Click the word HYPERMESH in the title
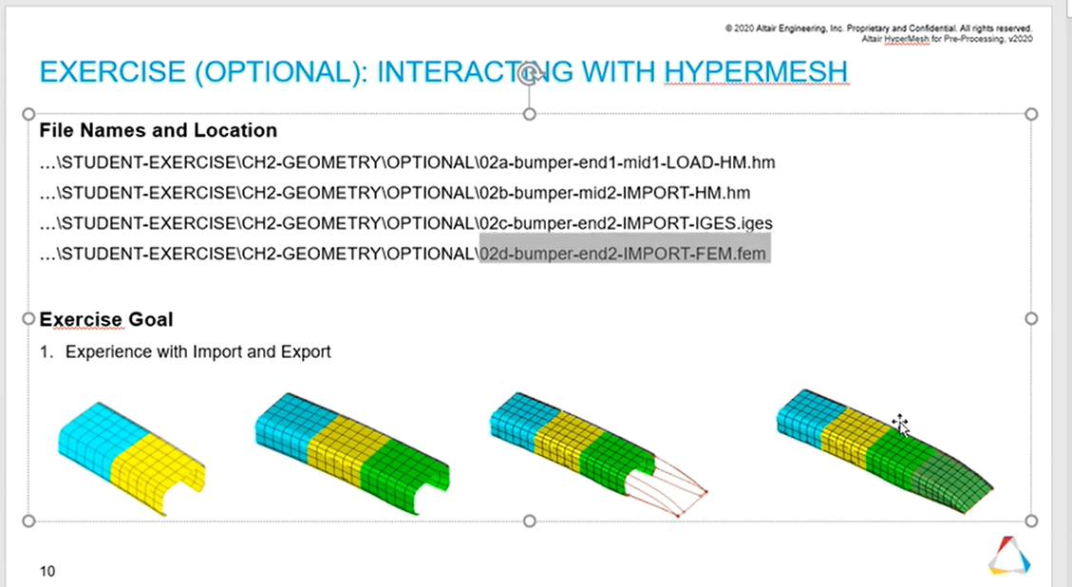coord(756,72)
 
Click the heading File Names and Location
coord(158,130)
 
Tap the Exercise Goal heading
coord(106,319)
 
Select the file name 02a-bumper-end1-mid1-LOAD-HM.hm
coord(627,162)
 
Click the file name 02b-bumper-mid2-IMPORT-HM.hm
coord(614,193)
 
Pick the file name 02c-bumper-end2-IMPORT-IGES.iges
coord(627,223)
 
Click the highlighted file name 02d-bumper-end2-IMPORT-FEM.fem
coord(623,254)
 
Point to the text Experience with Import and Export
coord(198,351)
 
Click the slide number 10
coord(47,571)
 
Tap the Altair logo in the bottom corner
coord(1009,555)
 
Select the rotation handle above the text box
coord(529,73)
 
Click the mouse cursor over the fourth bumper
coord(900,425)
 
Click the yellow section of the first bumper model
coord(158,473)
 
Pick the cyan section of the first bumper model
coord(99,437)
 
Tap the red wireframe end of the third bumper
coord(667,485)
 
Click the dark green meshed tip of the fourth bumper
coord(953,483)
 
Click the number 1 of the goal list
coord(46,351)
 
